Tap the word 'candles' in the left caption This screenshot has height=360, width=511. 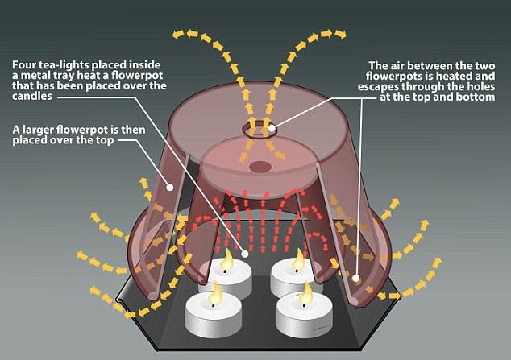click(x=32, y=97)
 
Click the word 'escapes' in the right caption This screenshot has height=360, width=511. click(x=378, y=87)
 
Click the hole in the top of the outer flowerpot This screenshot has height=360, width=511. click(x=259, y=130)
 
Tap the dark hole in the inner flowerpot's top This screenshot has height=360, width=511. click(x=260, y=167)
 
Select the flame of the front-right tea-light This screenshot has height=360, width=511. click(x=305, y=295)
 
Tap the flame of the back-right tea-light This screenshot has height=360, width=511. click(x=298, y=261)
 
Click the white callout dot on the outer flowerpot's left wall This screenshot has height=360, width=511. click(x=170, y=187)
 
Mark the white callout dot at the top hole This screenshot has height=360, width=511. click(x=272, y=128)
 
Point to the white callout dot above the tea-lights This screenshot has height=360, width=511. click(x=245, y=254)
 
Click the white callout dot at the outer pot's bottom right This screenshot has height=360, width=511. click(x=356, y=279)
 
